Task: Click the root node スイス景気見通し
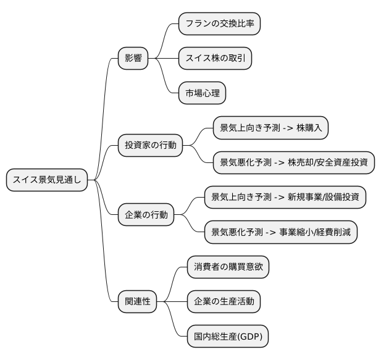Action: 47,180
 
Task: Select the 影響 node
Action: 133,59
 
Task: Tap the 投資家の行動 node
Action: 150,146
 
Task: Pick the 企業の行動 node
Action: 146,216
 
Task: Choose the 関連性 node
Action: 137,302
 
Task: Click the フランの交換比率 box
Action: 219,24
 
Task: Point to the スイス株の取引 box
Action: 215,59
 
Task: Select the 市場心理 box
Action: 202,94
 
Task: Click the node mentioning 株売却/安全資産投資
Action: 294,163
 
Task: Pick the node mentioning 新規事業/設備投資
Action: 285,198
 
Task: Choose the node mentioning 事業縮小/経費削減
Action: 281,232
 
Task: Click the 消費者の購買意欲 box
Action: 228,267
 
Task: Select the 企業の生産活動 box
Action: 224,302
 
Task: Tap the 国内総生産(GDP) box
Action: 228,337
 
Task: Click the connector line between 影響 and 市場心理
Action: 168,80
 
